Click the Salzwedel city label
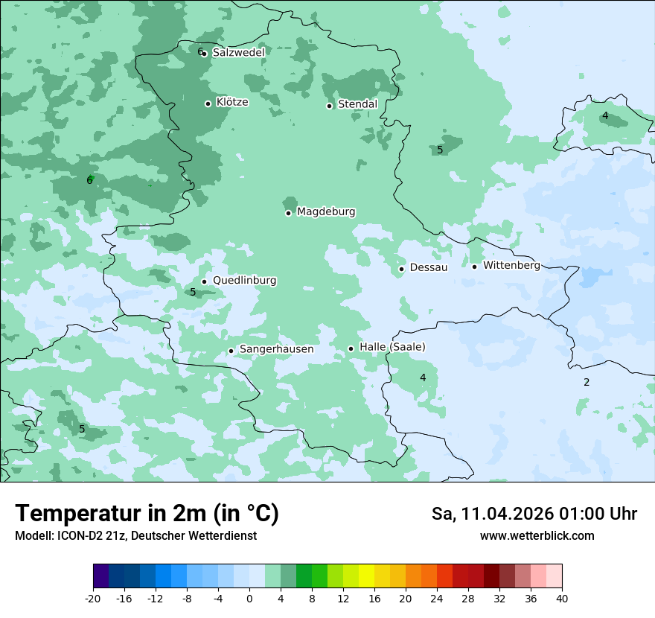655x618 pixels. coord(238,53)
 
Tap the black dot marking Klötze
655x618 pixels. coord(208,103)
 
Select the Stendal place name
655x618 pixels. coord(357,104)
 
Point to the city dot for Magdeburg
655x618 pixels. coord(288,213)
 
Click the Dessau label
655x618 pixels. coord(429,267)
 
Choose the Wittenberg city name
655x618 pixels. coord(511,265)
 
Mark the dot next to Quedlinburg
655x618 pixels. coord(204,281)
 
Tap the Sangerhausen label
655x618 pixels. coord(276,349)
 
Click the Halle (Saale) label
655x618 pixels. coord(392,347)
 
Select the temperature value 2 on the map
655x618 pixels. coord(587,382)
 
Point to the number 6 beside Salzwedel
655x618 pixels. coord(199,51)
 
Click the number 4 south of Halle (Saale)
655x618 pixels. coord(423,378)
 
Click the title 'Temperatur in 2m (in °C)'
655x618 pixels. coord(147,514)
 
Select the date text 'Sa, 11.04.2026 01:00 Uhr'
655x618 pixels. coord(534,514)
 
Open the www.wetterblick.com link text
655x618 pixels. coord(537,535)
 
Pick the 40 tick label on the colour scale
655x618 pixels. coord(561,599)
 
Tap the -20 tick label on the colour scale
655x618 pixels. coord(93,599)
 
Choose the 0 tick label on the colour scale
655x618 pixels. coord(249,599)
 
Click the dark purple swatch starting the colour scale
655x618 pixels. coord(101,577)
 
